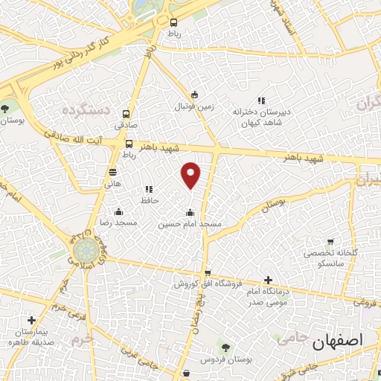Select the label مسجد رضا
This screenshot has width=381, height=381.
[115, 222]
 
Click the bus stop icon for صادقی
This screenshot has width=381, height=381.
[126, 115]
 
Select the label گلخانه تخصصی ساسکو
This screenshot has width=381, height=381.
[330, 258]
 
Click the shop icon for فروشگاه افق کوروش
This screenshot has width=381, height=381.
[208, 273]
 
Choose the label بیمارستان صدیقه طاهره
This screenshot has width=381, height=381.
[30, 336]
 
